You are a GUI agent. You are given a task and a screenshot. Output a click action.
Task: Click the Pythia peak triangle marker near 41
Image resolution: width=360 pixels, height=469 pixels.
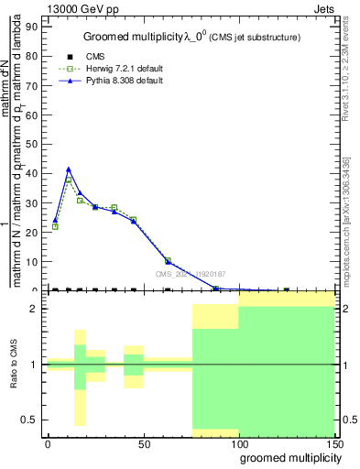[x=69, y=169]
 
